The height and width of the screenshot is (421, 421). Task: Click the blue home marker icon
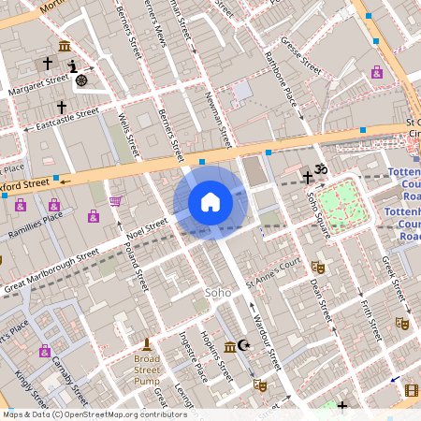pyautogui.click(x=210, y=202)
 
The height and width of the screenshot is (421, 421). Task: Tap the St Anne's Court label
pyautogui.click(x=272, y=272)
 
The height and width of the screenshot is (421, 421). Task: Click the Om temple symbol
pyautogui.click(x=322, y=170)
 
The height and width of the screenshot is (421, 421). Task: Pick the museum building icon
pyautogui.click(x=64, y=47)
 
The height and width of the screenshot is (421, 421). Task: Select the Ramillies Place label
pyautogui.click(x=34, y=220)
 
